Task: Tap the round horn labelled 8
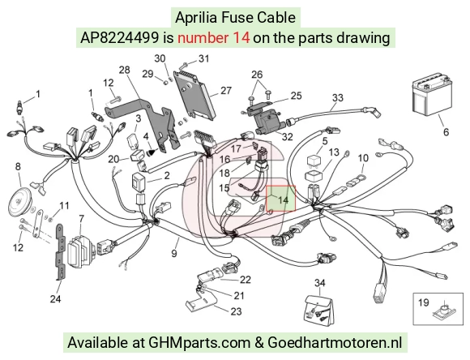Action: pyautogui.click(x=19, y=202)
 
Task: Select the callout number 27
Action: pyautogui.click(x=226, y=91)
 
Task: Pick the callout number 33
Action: pyautogui.click(x=338, y=98)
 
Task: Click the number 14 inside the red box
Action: pyautogui.click(x=283, y=199)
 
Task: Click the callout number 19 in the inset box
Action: pyautogui.click(x=424, y=302)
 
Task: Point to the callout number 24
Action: pyautogui.click(x=55, y=299)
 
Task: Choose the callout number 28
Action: pyautogui.click(x=125, y=70)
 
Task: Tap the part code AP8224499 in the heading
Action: pyautogui.click(x=119, y=38)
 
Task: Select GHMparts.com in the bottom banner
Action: pyautogui.click(x=199, y=342)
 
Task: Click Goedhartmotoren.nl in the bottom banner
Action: pyautogui.click(x=335, y=342)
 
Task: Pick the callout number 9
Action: pyautogui.click(x=174, y=254)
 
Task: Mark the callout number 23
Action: pyautogui.click(x=236, y=311)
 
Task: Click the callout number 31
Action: pyautogui.click(x=204, y=58)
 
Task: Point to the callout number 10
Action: pyautogui.click(x=363, y=158)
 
